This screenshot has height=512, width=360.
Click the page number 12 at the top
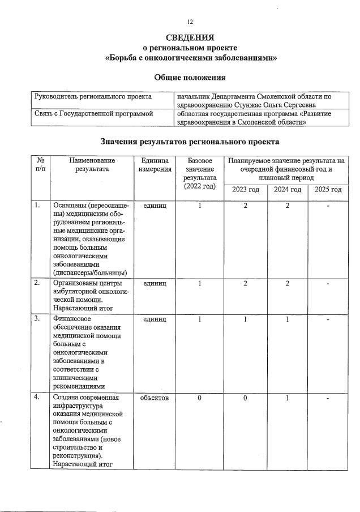pos(190,22)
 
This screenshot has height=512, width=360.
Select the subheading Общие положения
pos(190,78)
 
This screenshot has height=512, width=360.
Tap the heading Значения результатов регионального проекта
pos(190,140)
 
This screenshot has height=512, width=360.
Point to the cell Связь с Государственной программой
pos(93,114)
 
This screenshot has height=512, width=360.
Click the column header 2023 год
pos(245,189)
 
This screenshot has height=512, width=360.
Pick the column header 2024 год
pos(288,189)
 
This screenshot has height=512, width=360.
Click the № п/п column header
pos(40,165)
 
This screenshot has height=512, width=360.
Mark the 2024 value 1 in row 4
pos(288,398)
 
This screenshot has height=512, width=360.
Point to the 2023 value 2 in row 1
pos(245,206)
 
